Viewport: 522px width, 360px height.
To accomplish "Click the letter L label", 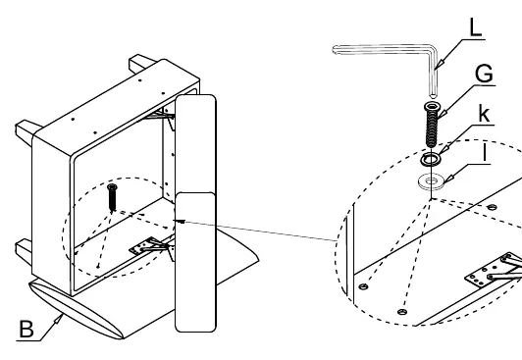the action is click(x=475, y=26).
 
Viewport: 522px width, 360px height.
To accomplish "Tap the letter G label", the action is click(x=484, y=74).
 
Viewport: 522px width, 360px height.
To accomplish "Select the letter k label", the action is click(x=485, y=113).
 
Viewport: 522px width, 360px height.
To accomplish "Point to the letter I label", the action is click(x=485, y=153).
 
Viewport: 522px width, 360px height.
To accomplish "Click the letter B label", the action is click(x=26, y=329).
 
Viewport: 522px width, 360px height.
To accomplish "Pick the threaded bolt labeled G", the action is click(x=432, y=125).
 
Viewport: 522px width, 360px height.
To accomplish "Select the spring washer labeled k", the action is click(x=430, y=160).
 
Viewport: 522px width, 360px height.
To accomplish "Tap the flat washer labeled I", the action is click(x=431, y=181).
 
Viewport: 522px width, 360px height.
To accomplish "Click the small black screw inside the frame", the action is click(x=112, y=197).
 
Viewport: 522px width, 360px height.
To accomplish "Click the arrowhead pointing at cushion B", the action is click(x=58, y=320).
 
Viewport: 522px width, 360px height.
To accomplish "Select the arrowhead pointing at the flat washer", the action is click(x=448, y=179).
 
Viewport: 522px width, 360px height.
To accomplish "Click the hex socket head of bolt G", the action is click(x=432, y=106).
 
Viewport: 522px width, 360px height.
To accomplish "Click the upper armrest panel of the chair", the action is click(x=196, y=144).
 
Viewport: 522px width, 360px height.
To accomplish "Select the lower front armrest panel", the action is click(x=195, y=262).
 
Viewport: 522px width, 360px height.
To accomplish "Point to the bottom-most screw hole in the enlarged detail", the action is click(x=402, y=312).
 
